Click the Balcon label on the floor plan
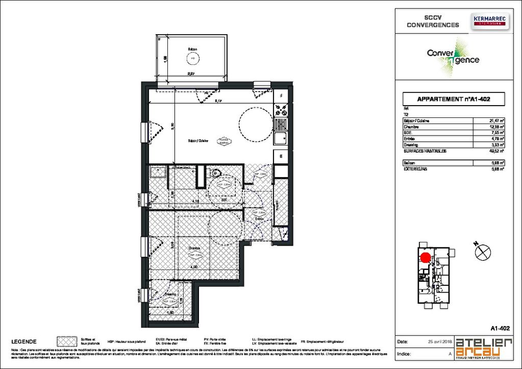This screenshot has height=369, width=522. [193, 50]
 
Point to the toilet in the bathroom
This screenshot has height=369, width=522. [213, 174]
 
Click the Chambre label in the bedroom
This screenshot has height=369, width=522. [192, 249]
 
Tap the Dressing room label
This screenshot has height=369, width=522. [170, 294]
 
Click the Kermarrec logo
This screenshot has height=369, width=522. [489, 21]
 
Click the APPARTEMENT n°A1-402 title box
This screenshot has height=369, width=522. [454, 99]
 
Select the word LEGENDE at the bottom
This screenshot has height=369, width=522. [23, 341]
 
